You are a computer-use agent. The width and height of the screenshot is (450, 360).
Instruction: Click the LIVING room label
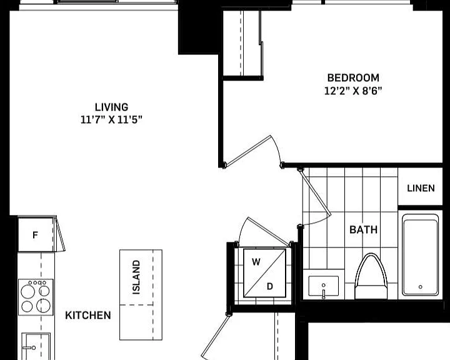click(x=111, y=107)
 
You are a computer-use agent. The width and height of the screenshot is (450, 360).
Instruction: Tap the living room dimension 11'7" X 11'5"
click(x=111, y=119)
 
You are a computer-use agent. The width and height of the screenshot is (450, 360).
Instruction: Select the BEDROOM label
click(x=353, y=77)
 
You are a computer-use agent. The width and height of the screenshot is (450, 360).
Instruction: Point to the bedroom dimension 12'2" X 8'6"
click(x=353, y=91)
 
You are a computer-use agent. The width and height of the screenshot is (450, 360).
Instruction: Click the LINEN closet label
click(x=421, y=188)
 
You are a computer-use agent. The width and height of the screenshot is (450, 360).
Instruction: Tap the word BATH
click(x=363, y=229)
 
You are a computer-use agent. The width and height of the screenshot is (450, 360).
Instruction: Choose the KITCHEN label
click(x=88, y=315)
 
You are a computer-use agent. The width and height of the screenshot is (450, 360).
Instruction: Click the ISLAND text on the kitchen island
click(x=136, y=277)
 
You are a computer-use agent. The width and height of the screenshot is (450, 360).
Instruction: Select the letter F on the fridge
click(x=35, y=235)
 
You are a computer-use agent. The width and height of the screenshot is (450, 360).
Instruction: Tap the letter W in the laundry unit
click(x=256, y=262)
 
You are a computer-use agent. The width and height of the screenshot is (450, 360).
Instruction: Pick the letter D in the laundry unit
click(x=270, y=286)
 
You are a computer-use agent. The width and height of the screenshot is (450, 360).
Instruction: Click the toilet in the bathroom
click(x=371, y=276)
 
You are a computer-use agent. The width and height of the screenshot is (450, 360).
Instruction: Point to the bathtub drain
click(x=421, y=287)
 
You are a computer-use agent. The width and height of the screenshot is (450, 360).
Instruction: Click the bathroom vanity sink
click(x=324, y=287)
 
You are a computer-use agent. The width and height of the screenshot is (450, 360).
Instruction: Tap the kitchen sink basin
click(x=36, y=346)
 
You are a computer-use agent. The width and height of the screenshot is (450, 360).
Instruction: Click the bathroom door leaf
click(x=315, y=192)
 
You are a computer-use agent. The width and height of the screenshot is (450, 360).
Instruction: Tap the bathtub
click(x=421, y=255)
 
